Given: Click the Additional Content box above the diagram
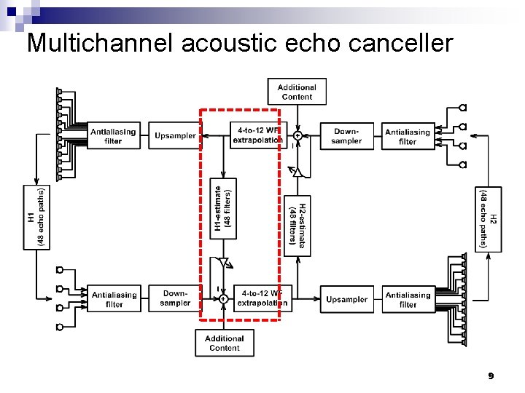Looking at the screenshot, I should click(x=296, y=92).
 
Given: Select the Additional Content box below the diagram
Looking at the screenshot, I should click(x=224, y=343).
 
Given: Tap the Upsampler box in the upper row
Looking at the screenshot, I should click(x=175, y=135).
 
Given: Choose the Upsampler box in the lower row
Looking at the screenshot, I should click(x=346, y=299).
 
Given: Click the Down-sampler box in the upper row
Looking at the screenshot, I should click(x=346, y=136).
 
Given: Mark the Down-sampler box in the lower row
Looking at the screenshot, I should click(x=175, y=298).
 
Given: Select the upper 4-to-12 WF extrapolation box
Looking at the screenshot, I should click(x=257, y=135).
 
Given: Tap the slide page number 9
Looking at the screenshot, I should click(x=491, y=376).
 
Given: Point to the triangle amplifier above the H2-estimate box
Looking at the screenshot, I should click(x=297, y=172).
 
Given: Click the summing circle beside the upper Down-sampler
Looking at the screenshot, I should click(x=297, y=135).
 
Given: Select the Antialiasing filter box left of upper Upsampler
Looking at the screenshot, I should click(x=112, y=136).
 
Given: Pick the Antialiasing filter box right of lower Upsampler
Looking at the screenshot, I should click(x=408, y=299).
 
